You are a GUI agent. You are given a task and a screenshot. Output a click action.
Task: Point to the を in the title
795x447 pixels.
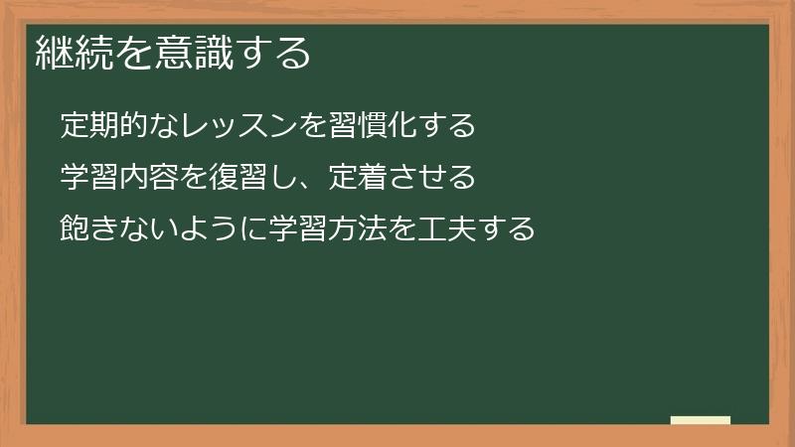[x=135, y=52]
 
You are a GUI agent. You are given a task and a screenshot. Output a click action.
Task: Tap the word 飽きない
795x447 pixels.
[x=119, y=229]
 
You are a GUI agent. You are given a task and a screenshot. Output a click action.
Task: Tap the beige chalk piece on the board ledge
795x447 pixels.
[x=700, y=419]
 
